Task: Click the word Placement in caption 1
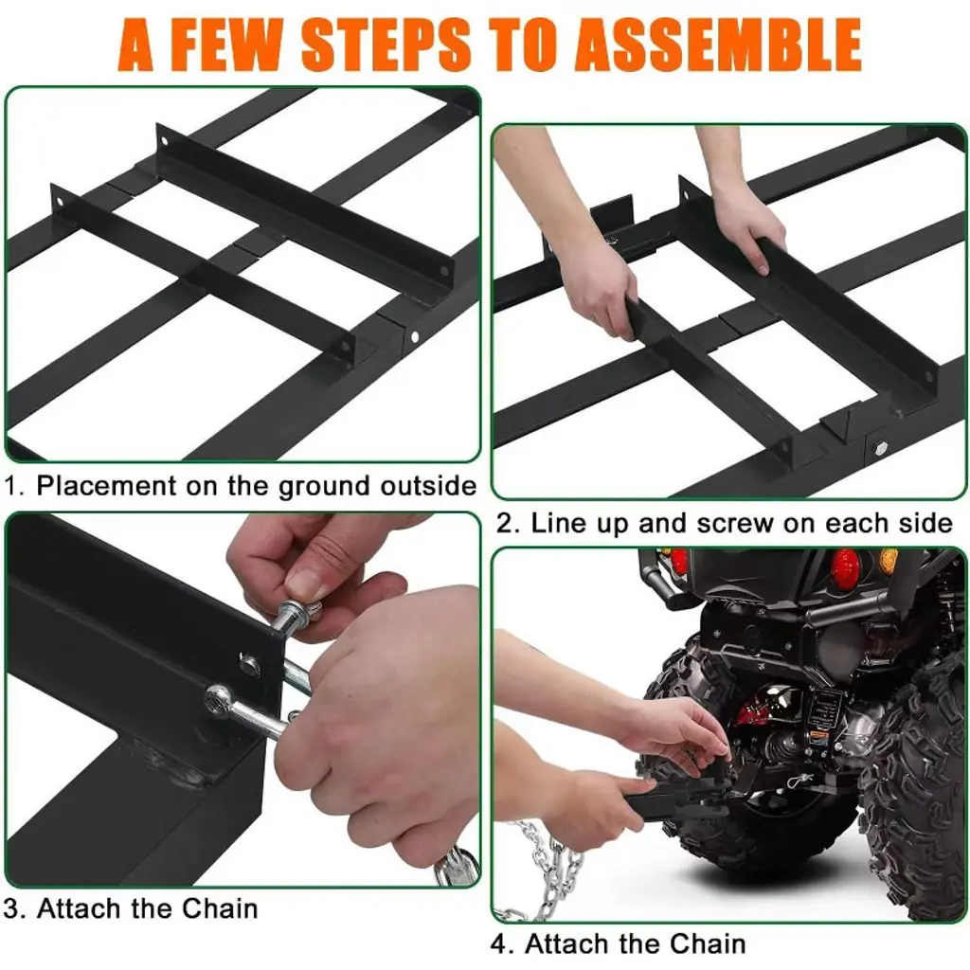pyautogui.click(x=106, y=486)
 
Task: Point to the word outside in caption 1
pyautogui.click(x=428, y=486)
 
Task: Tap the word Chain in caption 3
pyautogui.click(x=220, y=908)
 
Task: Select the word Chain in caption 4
pyautogui.click(x=708, y=944)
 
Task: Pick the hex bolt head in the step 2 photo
pyautogui.click(x=880, y=447)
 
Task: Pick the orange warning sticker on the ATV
pyautogui.click(x=818, y=737)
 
